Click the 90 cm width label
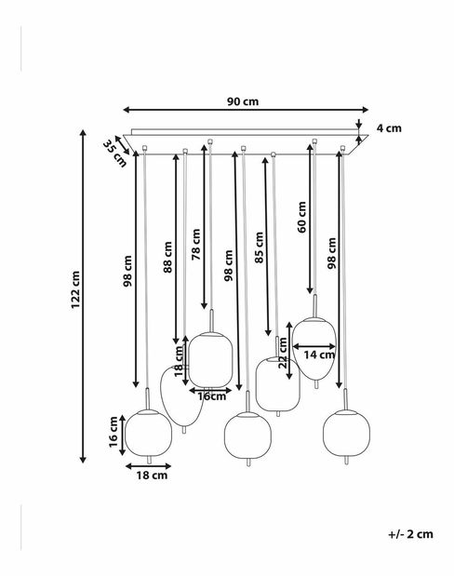coord(243,101)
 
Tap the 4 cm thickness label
coord(389,128)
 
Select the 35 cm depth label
coord(114,154)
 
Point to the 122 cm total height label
coord(75,289)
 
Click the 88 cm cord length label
coord(167,257)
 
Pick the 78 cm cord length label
coord(196,245)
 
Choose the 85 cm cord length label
coord(260,248)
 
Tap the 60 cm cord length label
coord(301,217)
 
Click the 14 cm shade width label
coord(319,355)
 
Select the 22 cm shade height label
coord(283,353)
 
